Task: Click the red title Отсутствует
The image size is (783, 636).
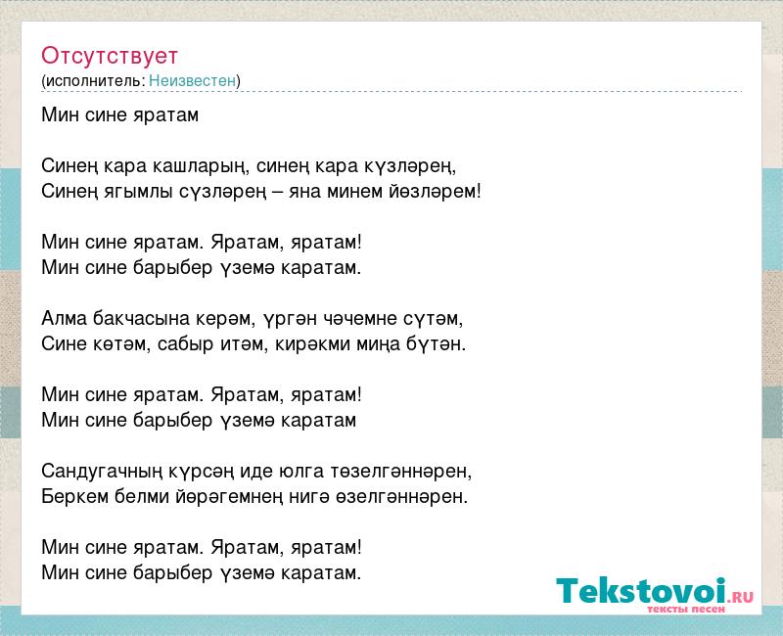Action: click(x=110, y=56)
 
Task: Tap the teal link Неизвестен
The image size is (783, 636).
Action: click(x=192, y=80)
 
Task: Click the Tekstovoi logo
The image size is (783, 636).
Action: click(x=655, y=592)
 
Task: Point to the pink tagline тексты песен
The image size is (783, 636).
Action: click(x=686, y=609)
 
